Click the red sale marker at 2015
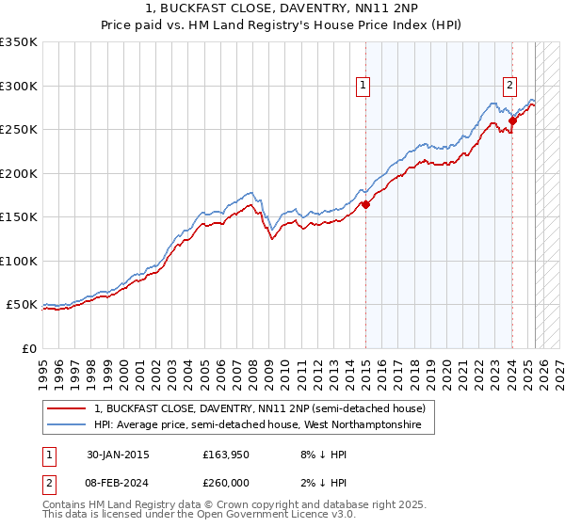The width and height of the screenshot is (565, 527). [365, 205]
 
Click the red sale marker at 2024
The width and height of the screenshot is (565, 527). [512, 120]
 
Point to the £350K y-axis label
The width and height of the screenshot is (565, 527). [19, 42]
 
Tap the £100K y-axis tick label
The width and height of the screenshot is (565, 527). [19, 261]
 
